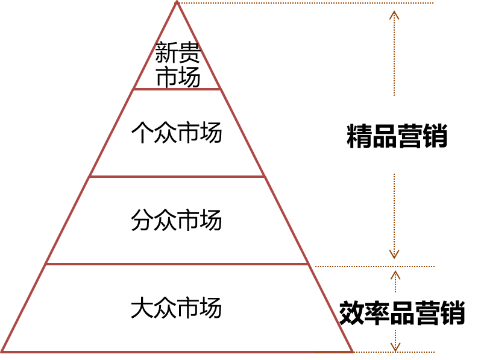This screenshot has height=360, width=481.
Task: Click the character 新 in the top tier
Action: tap(166, 52)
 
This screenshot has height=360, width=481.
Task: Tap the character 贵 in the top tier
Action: tap(189, 52)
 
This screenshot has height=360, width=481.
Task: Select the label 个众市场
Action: tap(177, 133)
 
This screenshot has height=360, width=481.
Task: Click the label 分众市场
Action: tap(177, 221)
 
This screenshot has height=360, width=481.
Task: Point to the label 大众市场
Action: tap(177, 308)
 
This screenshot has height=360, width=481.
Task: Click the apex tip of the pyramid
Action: tap(177, 2)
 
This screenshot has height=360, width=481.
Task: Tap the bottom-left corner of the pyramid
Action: tap(2, 351)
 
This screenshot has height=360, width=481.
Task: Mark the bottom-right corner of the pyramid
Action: tap(352, 351)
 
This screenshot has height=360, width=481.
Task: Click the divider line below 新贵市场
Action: tap(177, 89)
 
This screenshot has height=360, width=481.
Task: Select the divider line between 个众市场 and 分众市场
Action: tap(177, 177)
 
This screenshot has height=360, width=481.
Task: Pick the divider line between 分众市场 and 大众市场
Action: tap(177, 264)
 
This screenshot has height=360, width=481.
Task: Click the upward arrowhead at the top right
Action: tap(394, 14)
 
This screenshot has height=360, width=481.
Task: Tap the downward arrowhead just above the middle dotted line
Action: tap(394, 254)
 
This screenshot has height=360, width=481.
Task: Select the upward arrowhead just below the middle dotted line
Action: tap(395, 274)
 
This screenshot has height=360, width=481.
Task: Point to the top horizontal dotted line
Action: tap(307, 3)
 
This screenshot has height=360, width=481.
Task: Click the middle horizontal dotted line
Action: tap(374, 266)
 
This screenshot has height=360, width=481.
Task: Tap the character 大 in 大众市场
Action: tap(142, 308)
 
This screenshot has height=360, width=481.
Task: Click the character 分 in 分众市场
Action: tap(142, 221)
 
